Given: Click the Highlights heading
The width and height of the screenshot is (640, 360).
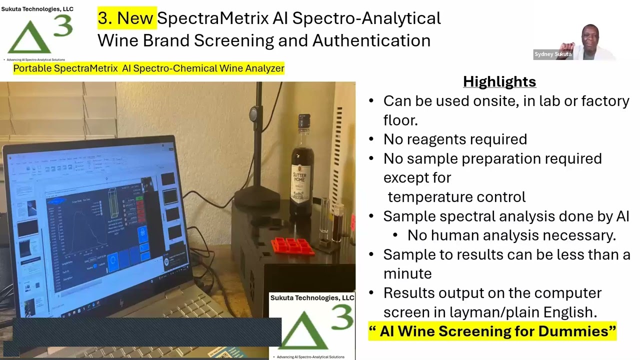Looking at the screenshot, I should pos(499,81).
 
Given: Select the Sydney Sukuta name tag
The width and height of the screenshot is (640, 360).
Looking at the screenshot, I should pos(552,54).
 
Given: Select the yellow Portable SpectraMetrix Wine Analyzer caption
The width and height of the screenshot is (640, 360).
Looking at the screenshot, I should pos(148,68).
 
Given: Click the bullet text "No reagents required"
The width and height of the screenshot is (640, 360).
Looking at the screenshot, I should pos(455,139).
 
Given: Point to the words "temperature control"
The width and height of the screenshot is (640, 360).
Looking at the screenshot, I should pos(456,196).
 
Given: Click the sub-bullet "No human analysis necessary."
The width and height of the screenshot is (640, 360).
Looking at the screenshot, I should pos(511,235).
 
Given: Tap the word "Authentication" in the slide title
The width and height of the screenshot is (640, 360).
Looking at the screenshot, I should pos(371,40).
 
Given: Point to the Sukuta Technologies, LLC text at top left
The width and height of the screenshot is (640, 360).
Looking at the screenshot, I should pos(37,9).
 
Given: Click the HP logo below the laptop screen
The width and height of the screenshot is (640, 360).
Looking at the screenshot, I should pos(121,303).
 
